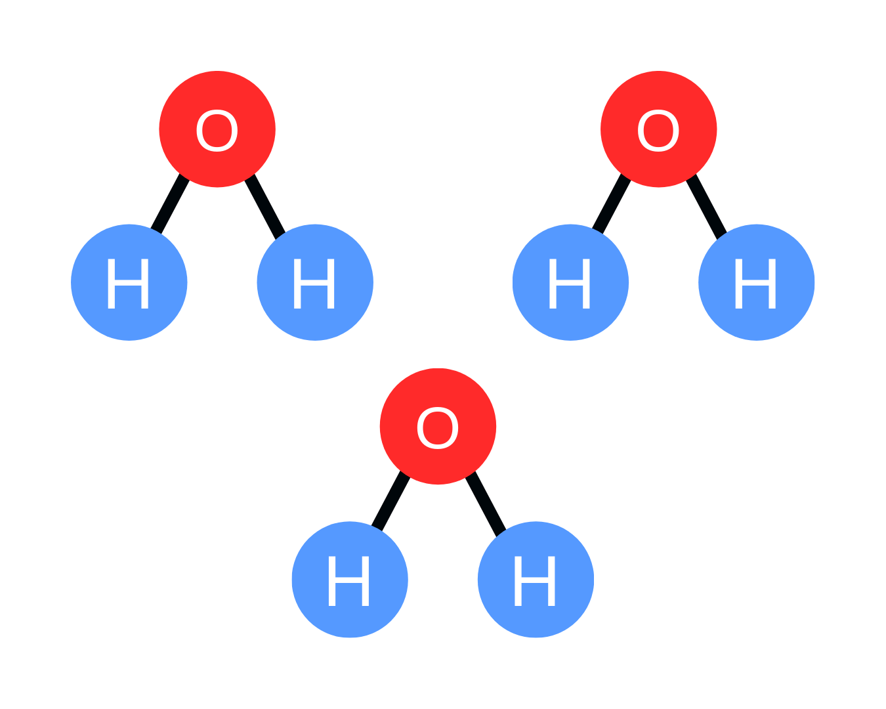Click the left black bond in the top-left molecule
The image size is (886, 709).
tap(170, 204)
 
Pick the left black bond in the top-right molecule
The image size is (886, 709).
tap(612, 204)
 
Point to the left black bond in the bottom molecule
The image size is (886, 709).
tap(390, 501)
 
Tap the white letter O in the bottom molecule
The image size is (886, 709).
tap(438, 428)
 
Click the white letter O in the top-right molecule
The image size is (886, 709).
tap(658, 131)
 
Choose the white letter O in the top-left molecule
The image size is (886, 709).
tap(217, 131)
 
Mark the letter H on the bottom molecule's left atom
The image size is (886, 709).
tap(348, 581)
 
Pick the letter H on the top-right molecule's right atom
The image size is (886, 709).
tap(755, 284)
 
